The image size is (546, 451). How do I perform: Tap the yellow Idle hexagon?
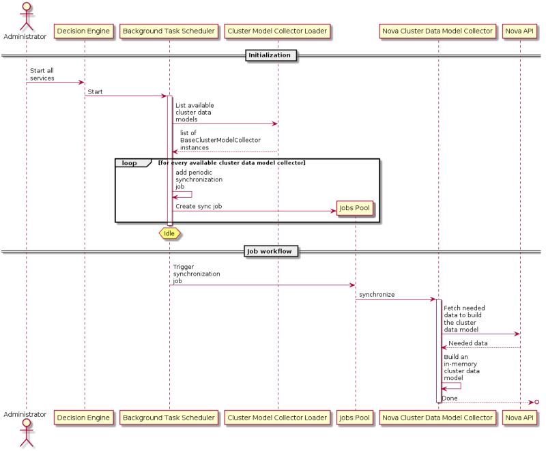tap(169, 233)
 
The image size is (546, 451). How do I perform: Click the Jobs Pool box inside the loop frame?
tap(356, 209)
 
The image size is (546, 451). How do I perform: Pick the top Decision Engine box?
tap(84, 31)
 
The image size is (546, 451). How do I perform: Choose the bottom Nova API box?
tap(520, 417)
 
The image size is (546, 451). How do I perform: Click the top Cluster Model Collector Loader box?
tap(277, 31)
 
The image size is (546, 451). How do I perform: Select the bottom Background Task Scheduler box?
tap(169, 417)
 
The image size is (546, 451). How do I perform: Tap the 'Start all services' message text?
tap(42, 74)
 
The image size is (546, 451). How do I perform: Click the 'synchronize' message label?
tap(377, 295)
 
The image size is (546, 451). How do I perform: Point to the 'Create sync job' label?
tap(198, 205)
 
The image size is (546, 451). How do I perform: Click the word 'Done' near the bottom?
tap(450, 398)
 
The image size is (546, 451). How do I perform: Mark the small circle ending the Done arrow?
tap(536, 402)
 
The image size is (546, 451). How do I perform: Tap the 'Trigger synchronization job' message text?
tap(197, 274)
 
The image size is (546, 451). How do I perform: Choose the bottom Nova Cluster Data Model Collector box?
tap(437, 417)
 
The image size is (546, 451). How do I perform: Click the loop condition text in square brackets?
tap(231, 163)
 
